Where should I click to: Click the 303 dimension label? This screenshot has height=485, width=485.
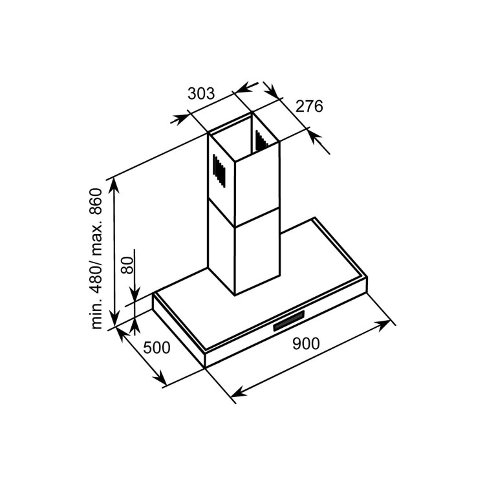[201, 93]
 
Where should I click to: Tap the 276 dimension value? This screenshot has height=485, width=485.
[309, 106]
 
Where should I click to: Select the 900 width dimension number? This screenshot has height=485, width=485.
[306, 343]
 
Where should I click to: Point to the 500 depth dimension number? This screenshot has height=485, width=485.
[157, 348]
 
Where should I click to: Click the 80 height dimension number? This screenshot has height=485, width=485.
[127, 265]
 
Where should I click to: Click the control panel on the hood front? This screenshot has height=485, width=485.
[289, 321]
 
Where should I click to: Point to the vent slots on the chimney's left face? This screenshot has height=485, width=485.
[219, 171]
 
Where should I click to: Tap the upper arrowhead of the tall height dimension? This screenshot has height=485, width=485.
[114, 186]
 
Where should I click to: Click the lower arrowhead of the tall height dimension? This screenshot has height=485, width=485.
[115, 319]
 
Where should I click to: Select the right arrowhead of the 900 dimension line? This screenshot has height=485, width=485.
[383, 325]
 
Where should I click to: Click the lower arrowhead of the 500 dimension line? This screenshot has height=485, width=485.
[159, 379]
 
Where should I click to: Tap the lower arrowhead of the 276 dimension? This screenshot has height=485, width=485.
[314, 137]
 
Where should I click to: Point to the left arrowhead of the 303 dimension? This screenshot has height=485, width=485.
[180, 119]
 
